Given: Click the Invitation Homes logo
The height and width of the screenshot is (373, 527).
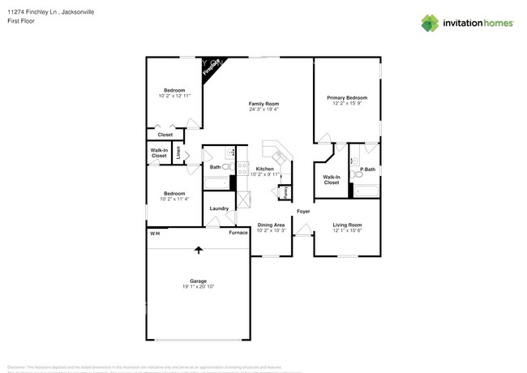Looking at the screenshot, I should (467, 24).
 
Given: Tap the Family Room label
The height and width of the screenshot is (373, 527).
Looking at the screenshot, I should (263, 104).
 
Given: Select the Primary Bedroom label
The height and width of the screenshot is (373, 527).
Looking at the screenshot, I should (346, 97).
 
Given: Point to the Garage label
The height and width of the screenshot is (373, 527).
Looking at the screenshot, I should (198, 281).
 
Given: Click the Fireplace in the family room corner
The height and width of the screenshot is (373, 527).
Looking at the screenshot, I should (213, 67).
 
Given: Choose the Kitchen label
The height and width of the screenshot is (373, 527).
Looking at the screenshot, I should (264, 169).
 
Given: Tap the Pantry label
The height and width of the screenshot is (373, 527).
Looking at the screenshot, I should (285, 192).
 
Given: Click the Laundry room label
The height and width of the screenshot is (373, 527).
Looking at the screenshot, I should (219, 208).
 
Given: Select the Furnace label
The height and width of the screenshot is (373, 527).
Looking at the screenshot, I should (238, 233).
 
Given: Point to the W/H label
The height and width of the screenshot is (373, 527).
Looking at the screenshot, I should (153, 233).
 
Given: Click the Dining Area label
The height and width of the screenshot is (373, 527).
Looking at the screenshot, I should (270, 225).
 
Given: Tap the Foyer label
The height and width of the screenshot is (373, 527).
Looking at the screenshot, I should (303, 212).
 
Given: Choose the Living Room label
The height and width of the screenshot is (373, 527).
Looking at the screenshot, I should (347, 225).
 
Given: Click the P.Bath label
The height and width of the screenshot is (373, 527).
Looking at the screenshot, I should (367, 169).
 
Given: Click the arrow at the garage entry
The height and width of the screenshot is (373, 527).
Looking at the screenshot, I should (198, 251).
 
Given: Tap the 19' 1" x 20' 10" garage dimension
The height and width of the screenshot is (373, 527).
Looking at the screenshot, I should (198, 287).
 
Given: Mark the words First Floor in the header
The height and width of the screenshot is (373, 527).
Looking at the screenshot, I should (20, 21).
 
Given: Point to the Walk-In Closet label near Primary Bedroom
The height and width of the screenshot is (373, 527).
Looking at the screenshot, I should (332, 179).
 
